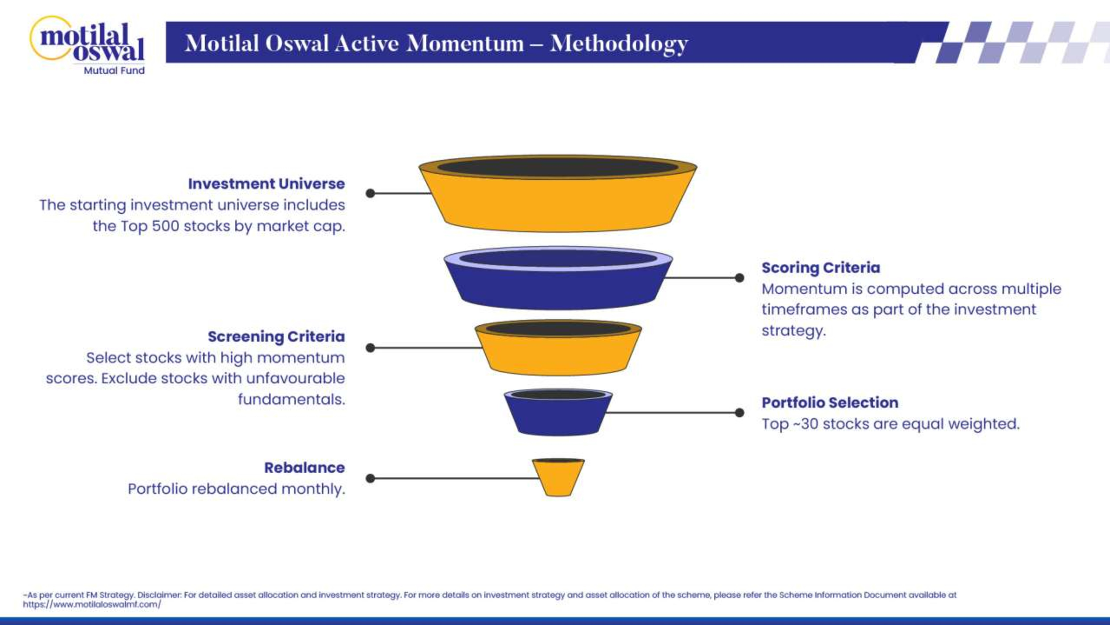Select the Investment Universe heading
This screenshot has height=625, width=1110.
point(266,184)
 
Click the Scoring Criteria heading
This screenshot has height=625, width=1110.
point(821,267)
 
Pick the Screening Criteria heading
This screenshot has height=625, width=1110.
point(276,336)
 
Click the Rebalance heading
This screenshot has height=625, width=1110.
point(304,467)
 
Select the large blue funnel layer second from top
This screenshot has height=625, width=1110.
point(557,287)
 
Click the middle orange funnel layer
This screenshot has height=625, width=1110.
point(557,354)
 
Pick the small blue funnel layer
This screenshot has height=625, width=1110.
point(557,416)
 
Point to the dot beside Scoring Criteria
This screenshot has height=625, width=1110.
point(740,278)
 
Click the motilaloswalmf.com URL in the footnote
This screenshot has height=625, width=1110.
point(92,604)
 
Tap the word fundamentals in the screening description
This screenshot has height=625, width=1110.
point(291,399)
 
